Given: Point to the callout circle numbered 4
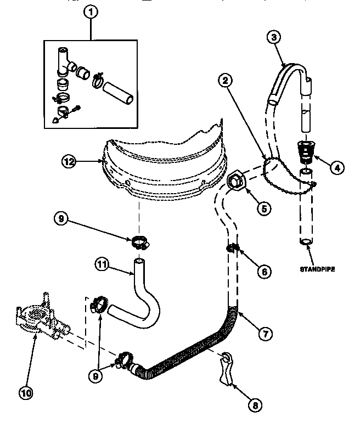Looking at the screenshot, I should [x=337, y=168].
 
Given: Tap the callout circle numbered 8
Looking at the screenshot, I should [x=254, y=405].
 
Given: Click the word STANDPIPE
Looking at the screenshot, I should [x=317, y=269].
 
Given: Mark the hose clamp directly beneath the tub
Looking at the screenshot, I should [x=140, y=240].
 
